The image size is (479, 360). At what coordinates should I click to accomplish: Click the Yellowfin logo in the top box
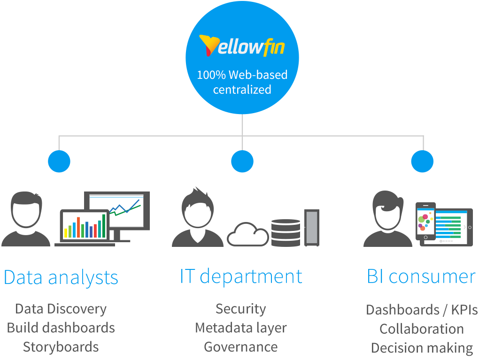point(242,46)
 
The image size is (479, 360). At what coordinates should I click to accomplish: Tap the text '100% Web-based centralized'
point(242,82)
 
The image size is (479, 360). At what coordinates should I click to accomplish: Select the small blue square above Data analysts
point(59,161)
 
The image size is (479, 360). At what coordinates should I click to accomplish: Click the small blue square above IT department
point(242,161)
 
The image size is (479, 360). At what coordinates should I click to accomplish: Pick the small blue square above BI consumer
point(422,161)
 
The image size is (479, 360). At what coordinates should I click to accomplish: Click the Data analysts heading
point(61,277)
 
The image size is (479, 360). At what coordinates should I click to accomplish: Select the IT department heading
point(241,276)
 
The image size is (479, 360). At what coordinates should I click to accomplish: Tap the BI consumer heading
point(421,276)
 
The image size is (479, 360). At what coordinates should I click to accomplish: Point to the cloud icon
point(247,234)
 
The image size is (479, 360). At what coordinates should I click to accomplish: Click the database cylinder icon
point(286,232)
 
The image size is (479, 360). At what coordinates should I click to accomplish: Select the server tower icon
point(312,228)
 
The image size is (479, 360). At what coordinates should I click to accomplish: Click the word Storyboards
point(61,347)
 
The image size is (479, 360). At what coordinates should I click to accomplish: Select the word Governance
point(241,347)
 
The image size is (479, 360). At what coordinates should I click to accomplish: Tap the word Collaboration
point(422,329)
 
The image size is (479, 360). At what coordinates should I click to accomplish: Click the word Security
point(241,309)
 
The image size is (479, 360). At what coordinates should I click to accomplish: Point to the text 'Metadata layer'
point(241,328)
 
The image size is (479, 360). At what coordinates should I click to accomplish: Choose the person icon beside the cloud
point(197,217)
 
